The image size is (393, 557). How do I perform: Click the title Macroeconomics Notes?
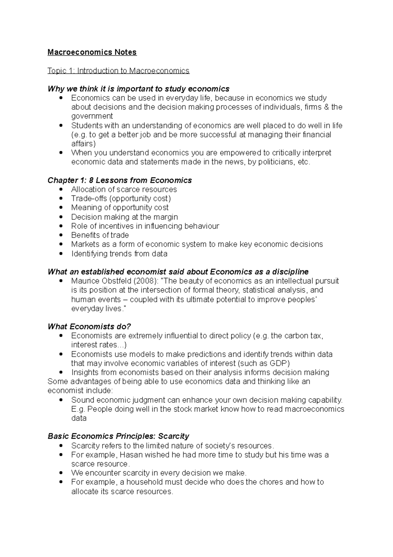tap(92, 52)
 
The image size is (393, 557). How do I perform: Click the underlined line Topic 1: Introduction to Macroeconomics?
tap(118, 71)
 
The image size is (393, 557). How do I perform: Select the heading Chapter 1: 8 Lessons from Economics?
tap(120, 180)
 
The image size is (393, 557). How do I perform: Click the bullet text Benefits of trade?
tap(100, 235)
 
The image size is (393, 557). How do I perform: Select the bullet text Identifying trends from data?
tap(119, 254)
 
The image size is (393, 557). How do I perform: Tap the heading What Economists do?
tap(89, 326)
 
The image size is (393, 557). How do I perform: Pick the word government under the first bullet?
tap(92, 116)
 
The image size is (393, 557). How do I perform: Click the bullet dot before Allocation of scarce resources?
tap(61, 189)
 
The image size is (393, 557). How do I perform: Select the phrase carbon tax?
tap(304, 336)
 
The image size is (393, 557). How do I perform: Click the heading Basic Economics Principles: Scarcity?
tap(118, 436)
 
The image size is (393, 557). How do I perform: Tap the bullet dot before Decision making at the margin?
tap(61, 217)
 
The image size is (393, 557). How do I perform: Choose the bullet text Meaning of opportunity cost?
tap(120, 207)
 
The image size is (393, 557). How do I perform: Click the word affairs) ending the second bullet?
tap(83, 143)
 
